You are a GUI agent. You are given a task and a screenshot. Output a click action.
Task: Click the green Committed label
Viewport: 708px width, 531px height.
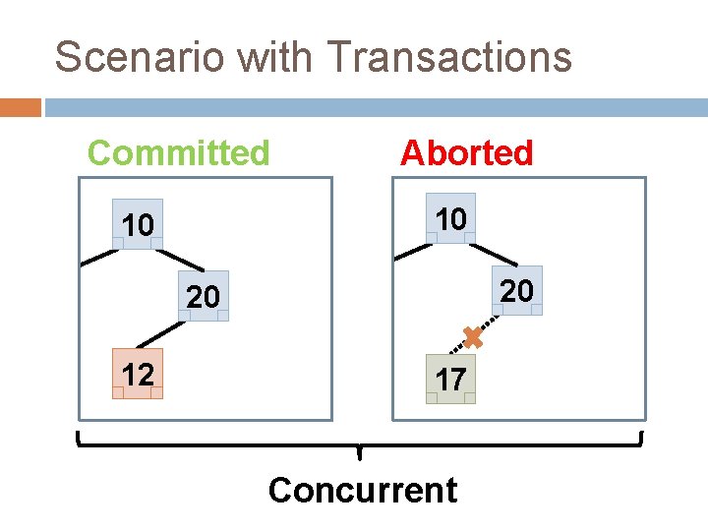pyautogui.click(x=178, y=153)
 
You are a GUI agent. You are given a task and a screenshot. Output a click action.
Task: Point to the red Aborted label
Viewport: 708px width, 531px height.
pyautogui.click(x=466, y=153)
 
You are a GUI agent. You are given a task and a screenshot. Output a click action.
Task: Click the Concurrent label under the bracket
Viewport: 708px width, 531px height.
pyautogui.click(x=362, y=490)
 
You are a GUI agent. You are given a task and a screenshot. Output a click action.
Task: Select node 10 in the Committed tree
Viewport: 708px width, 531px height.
pyautogui.click(x=138, y=225)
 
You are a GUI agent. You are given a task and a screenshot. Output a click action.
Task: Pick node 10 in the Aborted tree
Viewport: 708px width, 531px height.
pyautogui.click(x=450, y=218)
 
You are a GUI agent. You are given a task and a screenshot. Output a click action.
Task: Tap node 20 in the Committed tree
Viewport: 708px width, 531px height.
pyautogui.click(x=204, y=296)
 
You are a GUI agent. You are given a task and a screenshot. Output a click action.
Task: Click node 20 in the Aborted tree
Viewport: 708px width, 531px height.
pyautogui.click(x=516, y=290)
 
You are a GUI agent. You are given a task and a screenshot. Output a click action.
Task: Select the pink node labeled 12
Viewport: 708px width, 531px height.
pyautogui.click(x=138, y=374)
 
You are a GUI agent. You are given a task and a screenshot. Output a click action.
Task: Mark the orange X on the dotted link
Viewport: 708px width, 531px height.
pyautogui.click(x=473, y=338)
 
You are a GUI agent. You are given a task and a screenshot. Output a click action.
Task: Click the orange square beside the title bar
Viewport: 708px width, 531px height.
pyautogui.click(x=20, y=107)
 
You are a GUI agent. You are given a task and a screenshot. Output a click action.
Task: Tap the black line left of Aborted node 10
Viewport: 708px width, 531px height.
pyautogui.click(x=413, y=250)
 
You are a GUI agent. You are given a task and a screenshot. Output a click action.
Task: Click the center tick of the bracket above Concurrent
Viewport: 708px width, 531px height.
pyautogui.click(x=360, y=453)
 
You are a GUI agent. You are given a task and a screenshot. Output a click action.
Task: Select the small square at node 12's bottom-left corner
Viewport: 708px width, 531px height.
pyautogui.click(x=118, y=392)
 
